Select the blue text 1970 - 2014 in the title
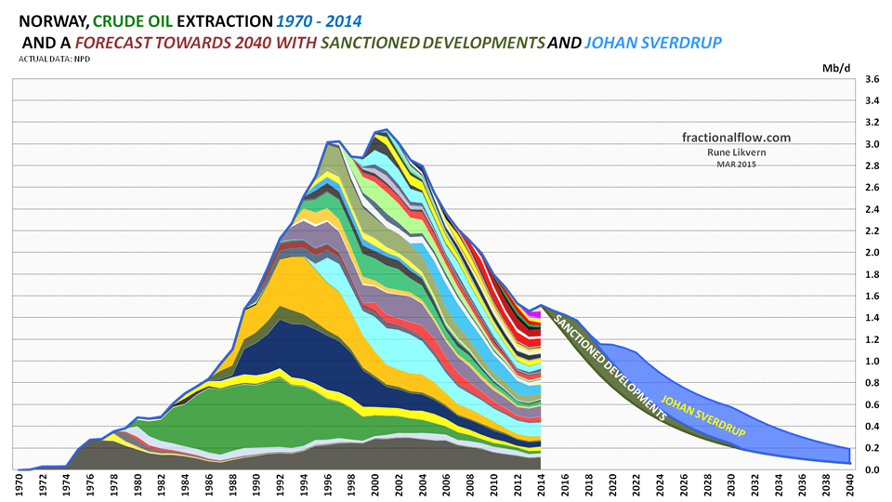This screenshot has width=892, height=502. click(312, 19)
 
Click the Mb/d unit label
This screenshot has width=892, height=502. click(833, 68)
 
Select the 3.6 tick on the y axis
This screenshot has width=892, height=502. click(872, 80)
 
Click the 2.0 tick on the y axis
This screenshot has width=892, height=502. click(872, 253)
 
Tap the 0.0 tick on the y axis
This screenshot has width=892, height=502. click(872, 470)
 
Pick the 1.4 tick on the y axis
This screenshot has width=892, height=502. click(872, 318)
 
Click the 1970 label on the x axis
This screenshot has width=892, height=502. click(19, 487)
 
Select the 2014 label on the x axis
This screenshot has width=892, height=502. click(541, 487)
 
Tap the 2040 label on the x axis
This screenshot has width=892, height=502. click(850, 487)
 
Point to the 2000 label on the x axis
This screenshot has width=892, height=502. click(374, 487)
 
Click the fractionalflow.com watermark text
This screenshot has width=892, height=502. click(735, 138)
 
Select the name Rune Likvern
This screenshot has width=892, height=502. click(735, 152)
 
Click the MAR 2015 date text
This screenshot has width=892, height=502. click(735, 165)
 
